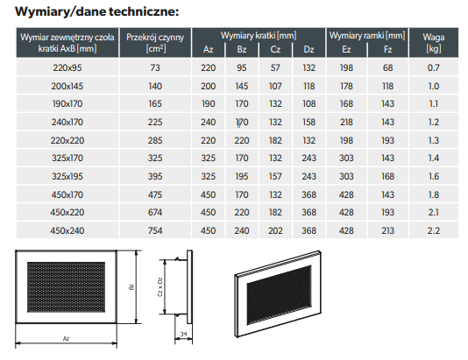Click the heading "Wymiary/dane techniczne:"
click(x=97, y=11)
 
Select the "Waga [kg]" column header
click(x=433, y=43)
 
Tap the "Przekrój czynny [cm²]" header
click(x=155, y=43)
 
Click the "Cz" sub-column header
click(x=275, y=49)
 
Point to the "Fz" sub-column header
click(x=387, y=49)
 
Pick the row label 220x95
click(x=67, y=68)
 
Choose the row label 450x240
click(x=67, y=230)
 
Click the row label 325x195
click(x=67, y=176)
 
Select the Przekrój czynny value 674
click(x=155, y=212)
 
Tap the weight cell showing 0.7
click(x=433, y=68)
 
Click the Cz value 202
click(x=275, y=230)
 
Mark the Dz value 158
click(x=308, y=122)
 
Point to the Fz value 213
click(x=387, y=230)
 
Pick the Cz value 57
click(x=275, y=68)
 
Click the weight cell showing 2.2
click(x=433, y=230)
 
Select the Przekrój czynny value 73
click(x=155, y=68)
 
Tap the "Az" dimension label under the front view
click(x=66, y=338)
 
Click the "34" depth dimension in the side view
click(x=183, y=334)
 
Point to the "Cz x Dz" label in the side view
click(x=160, y=287)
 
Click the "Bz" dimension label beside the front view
click(x=131, y=287)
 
